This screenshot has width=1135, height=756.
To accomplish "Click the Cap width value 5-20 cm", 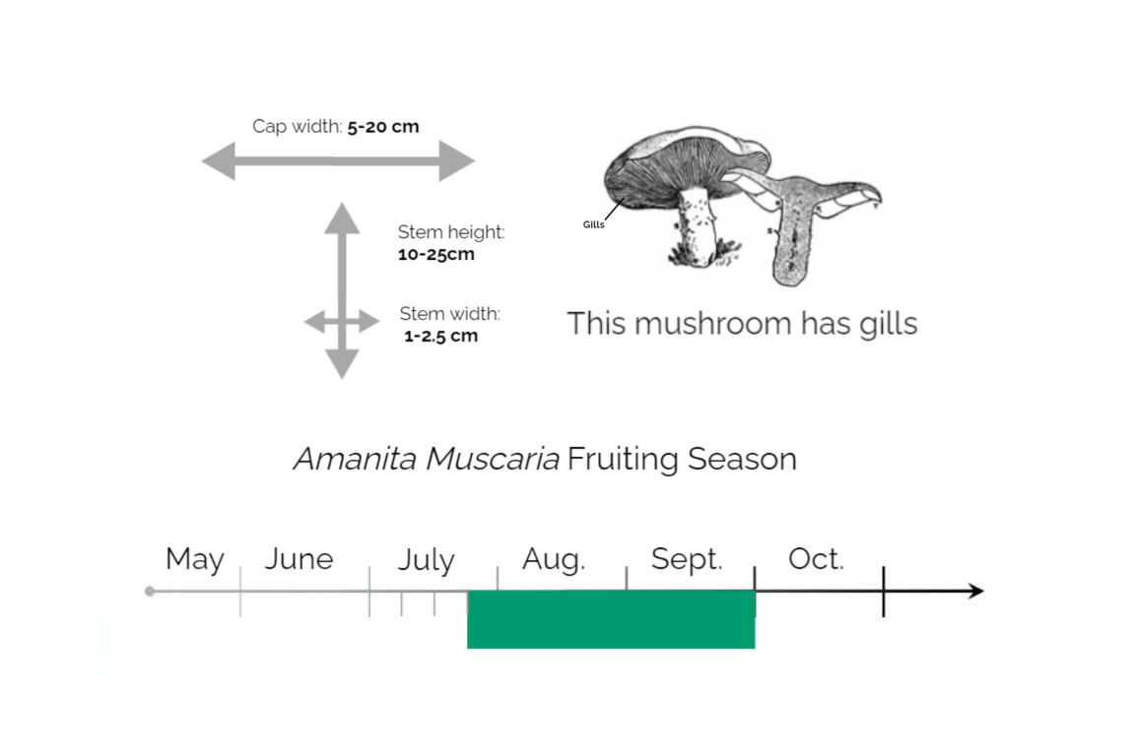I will pos(382,127).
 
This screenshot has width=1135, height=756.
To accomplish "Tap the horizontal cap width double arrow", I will pos(338,160).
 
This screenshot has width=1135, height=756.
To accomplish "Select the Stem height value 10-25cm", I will pos(435,254).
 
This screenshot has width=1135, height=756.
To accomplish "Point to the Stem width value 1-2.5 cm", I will pos(440,336).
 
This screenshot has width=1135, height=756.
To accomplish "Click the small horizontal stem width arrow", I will pos(341,322).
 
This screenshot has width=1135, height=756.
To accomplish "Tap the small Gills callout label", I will pos(593,224).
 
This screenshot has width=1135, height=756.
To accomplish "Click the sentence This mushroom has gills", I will pos(742,324).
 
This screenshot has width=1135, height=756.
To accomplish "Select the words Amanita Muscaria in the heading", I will pos(426,459).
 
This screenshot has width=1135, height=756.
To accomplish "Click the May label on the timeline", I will pos(194,559).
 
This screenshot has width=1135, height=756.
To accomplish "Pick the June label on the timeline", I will pos(299,559).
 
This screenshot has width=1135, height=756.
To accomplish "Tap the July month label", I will pos(426,561).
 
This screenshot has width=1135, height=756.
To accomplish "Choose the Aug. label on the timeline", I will pos(554,559).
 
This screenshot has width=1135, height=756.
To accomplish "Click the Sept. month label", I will pos(687,559).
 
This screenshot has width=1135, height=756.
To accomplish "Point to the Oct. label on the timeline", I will pos(816,559).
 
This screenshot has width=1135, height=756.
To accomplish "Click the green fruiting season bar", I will pos(611,619).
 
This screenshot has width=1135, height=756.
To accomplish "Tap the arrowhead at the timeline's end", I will pos(974,591).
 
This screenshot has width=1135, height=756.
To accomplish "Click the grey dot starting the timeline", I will pos(150,591).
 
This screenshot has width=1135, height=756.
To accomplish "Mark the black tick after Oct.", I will pos(884,591).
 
